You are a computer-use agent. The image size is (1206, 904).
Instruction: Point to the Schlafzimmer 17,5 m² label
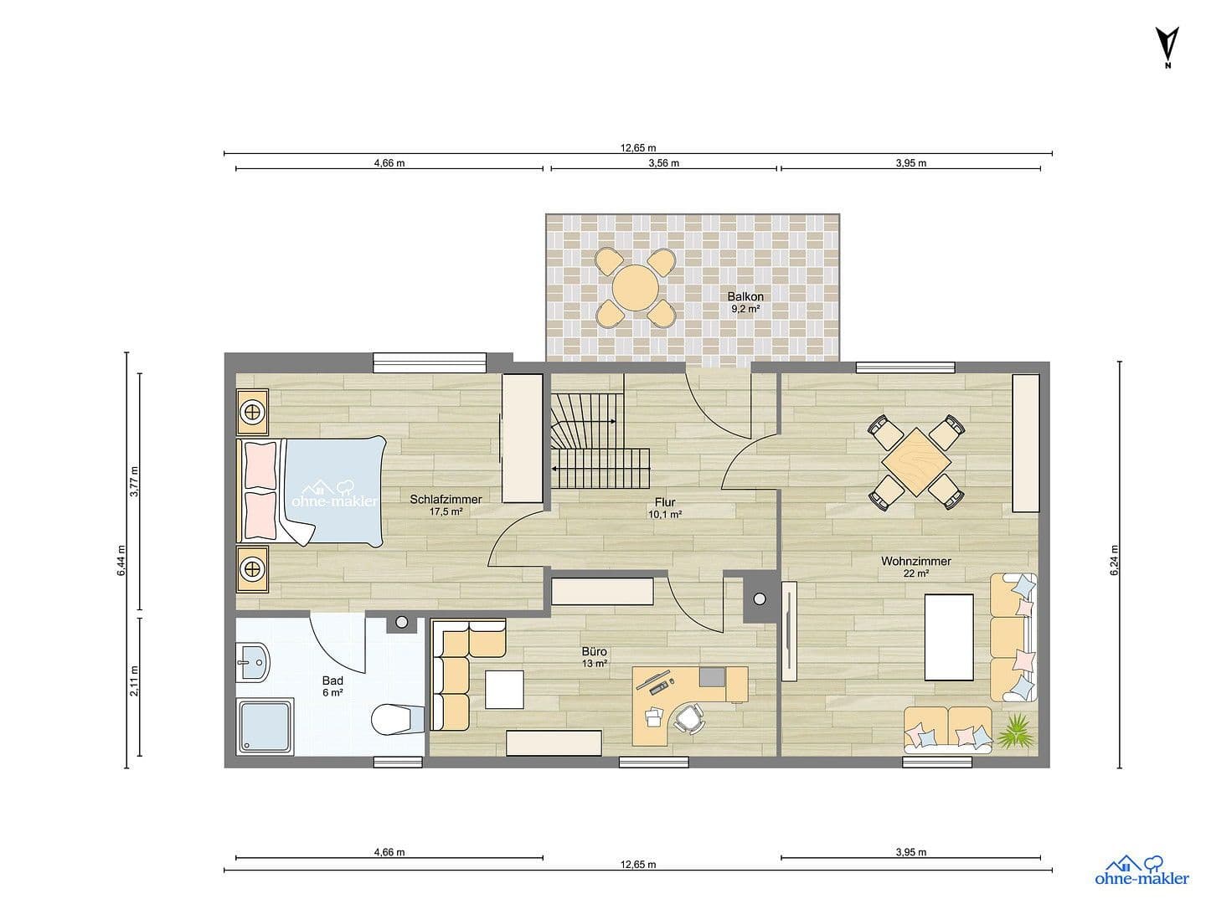(446, 505)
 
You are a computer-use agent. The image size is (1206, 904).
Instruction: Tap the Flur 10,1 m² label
(664, 508)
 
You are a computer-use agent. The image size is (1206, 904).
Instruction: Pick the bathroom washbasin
(252, 663)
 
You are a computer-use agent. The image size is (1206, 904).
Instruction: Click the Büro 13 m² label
(594, 657)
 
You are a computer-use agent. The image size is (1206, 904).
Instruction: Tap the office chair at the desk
(689, 718)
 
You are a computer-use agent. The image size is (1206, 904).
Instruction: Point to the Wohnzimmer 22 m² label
(915, 567)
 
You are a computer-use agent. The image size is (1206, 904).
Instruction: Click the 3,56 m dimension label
(663, 163)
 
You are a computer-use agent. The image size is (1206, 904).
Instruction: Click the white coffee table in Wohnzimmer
(948, 636)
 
